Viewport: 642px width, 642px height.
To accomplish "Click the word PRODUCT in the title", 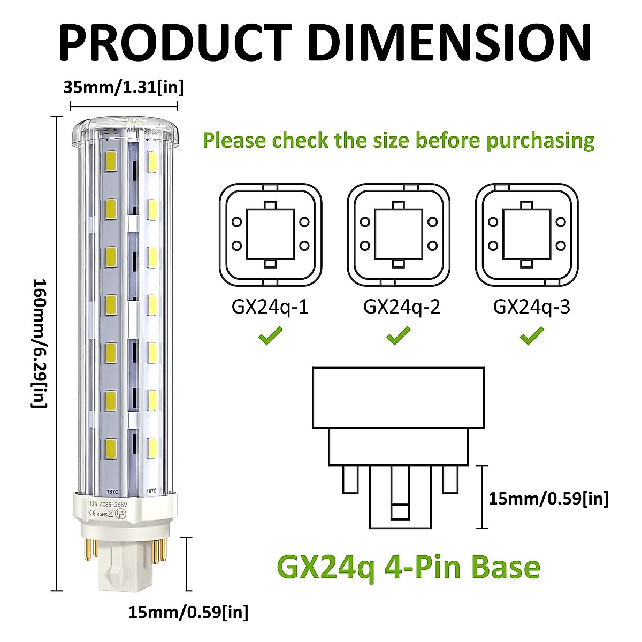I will (174, 43).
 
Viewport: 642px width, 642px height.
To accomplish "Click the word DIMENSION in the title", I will (449, 43).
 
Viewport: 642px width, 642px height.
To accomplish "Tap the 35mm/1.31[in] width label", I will (124, 87).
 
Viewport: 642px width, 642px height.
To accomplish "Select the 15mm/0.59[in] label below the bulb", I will (188, 612).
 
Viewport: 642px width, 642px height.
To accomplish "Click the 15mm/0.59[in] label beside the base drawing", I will (548, 499).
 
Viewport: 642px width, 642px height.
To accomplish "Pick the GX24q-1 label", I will (270, 307).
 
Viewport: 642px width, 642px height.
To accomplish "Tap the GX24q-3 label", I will (531, 307).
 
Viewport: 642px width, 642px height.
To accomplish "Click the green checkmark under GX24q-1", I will (270, 336).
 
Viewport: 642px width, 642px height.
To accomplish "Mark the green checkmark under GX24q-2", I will (399, 336).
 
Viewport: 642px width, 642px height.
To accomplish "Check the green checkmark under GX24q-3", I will (532, 336).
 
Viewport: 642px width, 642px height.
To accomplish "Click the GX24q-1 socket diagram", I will (271, 234).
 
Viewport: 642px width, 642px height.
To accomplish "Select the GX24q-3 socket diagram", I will (527, 234).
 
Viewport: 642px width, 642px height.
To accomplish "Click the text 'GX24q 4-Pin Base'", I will (409, 567).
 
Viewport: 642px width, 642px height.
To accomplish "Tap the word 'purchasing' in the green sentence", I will (540, 140).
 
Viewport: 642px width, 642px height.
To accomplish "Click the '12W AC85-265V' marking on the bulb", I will (113, 503).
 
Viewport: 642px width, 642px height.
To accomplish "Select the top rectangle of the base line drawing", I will (399, 398).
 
